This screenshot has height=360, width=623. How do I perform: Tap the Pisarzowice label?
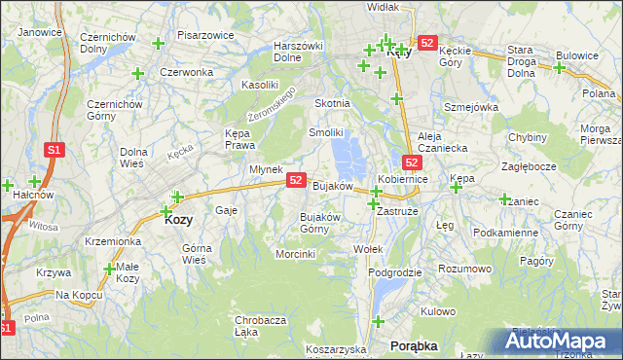tap(204, 35)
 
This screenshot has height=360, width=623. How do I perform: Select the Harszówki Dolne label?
tap(299, 52)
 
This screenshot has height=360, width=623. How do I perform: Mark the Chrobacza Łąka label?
tap(259, 326)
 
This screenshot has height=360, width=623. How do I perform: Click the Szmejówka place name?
tap(470, 107)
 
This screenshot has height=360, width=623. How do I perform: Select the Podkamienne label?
tap(504, 234)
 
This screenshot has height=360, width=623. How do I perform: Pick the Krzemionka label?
tap(114, 240)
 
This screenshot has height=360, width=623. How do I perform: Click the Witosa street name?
tap(44, 226)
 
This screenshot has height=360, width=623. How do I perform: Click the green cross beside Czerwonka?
tap(137, 74)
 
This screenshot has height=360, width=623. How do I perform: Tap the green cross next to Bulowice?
tap(560, 68)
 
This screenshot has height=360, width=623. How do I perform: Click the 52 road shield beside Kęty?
tap(427, 44)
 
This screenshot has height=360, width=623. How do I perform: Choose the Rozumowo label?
tap(464, 268)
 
